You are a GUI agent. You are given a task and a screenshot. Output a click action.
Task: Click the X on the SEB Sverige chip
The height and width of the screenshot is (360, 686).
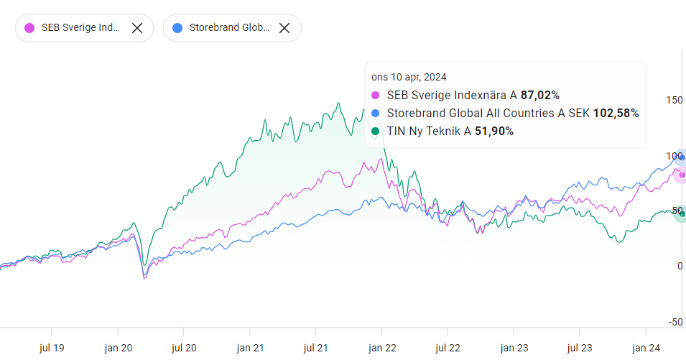coord(137,28)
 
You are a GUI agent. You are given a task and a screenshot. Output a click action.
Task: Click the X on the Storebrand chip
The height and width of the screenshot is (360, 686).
coord(284,28)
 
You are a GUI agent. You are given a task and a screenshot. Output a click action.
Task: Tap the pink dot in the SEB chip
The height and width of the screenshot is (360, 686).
coord(29,28)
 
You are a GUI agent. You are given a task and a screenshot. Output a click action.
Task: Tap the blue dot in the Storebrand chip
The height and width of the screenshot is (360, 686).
coord(177,28)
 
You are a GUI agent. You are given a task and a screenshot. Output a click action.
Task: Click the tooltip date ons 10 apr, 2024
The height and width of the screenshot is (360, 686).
coord(409,77)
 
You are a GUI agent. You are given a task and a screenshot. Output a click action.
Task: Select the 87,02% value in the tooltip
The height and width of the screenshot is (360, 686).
coord(540,95)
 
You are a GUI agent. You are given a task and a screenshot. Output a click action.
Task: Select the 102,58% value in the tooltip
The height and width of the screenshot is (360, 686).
coord(616,113)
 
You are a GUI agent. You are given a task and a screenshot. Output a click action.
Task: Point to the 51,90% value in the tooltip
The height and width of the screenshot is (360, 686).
coord(494,131)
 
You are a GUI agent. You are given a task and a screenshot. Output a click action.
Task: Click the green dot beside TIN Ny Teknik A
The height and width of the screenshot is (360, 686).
coord(375,131)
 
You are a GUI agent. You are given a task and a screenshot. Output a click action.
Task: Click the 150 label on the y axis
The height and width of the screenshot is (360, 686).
coord(674,101)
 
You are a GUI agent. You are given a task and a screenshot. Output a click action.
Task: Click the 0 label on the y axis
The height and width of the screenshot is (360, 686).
coord(680,267)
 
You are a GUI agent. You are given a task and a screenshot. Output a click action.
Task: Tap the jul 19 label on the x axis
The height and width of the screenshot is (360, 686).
coord(52,348)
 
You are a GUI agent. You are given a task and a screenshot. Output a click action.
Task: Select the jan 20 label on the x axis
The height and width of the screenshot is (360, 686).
coord(118,348)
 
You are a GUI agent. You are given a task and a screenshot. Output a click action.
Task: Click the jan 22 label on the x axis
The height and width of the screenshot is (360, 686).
coord(381,348)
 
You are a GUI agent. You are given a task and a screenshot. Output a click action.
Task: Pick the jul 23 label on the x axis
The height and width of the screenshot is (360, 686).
coord(580,348)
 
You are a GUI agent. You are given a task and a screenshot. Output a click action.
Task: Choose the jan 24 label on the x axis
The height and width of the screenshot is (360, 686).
coord(645,348)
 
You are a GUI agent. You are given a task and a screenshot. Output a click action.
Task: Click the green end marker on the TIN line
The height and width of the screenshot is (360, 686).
coord(682,213)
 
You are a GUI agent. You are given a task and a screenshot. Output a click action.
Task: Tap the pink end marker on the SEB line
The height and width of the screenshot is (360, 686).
coord(682,175)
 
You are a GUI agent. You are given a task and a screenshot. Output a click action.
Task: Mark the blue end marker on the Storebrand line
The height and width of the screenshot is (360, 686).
coord(682,158)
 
